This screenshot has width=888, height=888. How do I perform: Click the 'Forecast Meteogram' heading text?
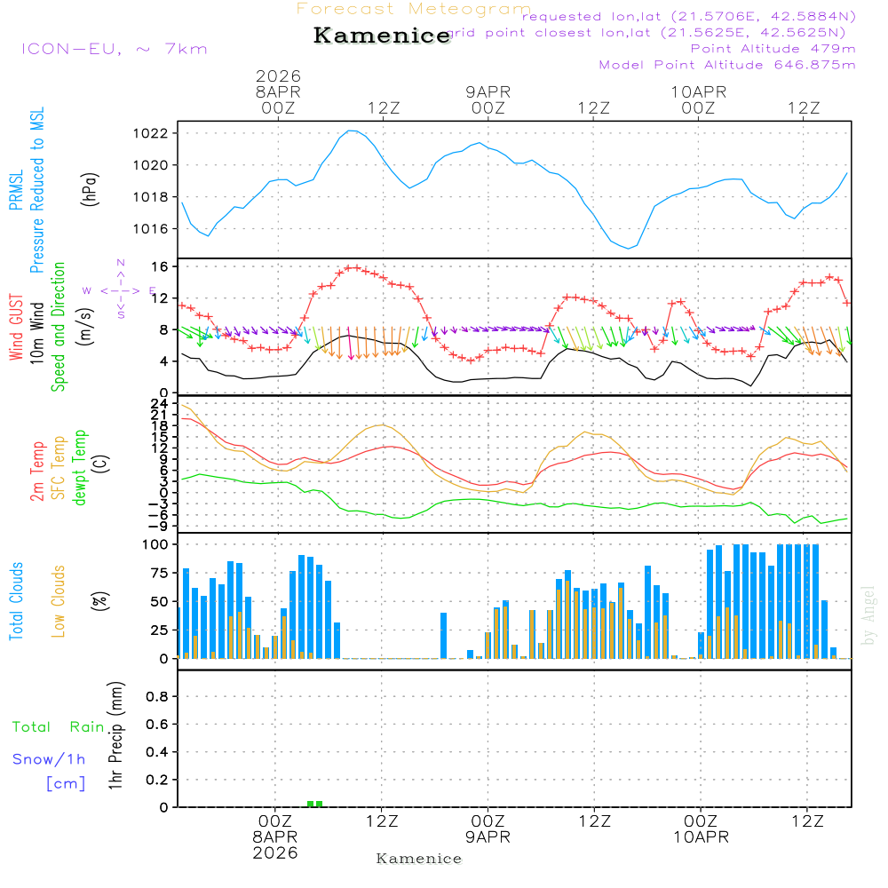click(x=414, y=10)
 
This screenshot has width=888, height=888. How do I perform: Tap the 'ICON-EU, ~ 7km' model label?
click(x=114, y=49)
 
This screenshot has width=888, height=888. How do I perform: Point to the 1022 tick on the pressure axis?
click(x=152, y=134)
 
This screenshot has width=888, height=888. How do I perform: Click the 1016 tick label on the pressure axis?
click(x=152, y=229)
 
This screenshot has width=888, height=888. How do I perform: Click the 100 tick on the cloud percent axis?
click(x=157, y=543)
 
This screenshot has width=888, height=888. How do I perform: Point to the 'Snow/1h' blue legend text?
click(x=50, y=759)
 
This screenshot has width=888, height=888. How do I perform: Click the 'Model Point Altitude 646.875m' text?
click(x=727, y=65)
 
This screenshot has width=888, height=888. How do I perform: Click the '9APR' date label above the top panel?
click(x=488, y=91)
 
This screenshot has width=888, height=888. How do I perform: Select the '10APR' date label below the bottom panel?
click(x=700, y=837)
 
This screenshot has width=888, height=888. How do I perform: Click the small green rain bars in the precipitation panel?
click(x=314, y=804)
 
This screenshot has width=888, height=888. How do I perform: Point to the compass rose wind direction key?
click(x=120, y=289)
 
